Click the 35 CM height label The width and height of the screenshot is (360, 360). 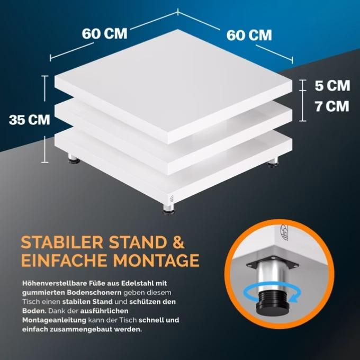(30, 120)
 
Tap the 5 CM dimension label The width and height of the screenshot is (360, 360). (332, 86)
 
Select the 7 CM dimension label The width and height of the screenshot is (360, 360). (332, 106)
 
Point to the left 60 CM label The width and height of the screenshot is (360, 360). (104, 33)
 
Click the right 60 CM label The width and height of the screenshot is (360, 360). (249, 35)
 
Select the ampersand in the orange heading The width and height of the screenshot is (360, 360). (178, 242)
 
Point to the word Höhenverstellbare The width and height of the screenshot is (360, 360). (55, 283)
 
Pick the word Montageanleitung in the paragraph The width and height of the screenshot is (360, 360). (54, 320)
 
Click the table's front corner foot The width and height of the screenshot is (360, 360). (169, 209)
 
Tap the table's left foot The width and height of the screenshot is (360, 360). (74, 159)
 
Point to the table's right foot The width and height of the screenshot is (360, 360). (273, 162)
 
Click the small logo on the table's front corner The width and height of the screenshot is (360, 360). (172, 199)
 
